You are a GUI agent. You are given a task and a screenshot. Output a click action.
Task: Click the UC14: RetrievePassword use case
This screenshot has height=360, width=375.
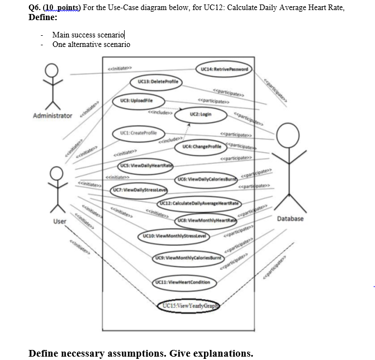pyautogui.click(x=224, y=69)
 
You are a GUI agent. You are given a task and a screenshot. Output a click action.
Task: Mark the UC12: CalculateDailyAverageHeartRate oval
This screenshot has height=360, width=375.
pyautogui.click(x=200, y=202)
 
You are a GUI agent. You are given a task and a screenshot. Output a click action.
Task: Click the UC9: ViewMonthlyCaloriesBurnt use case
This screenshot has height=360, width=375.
pyautogui.click(x=189, y=258)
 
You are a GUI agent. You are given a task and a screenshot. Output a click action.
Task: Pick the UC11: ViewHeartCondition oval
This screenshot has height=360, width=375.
pyautogui.click(x=183, y=282)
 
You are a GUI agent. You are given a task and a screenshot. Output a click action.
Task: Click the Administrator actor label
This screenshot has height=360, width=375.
pyautogui.click(x=53, y=116)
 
